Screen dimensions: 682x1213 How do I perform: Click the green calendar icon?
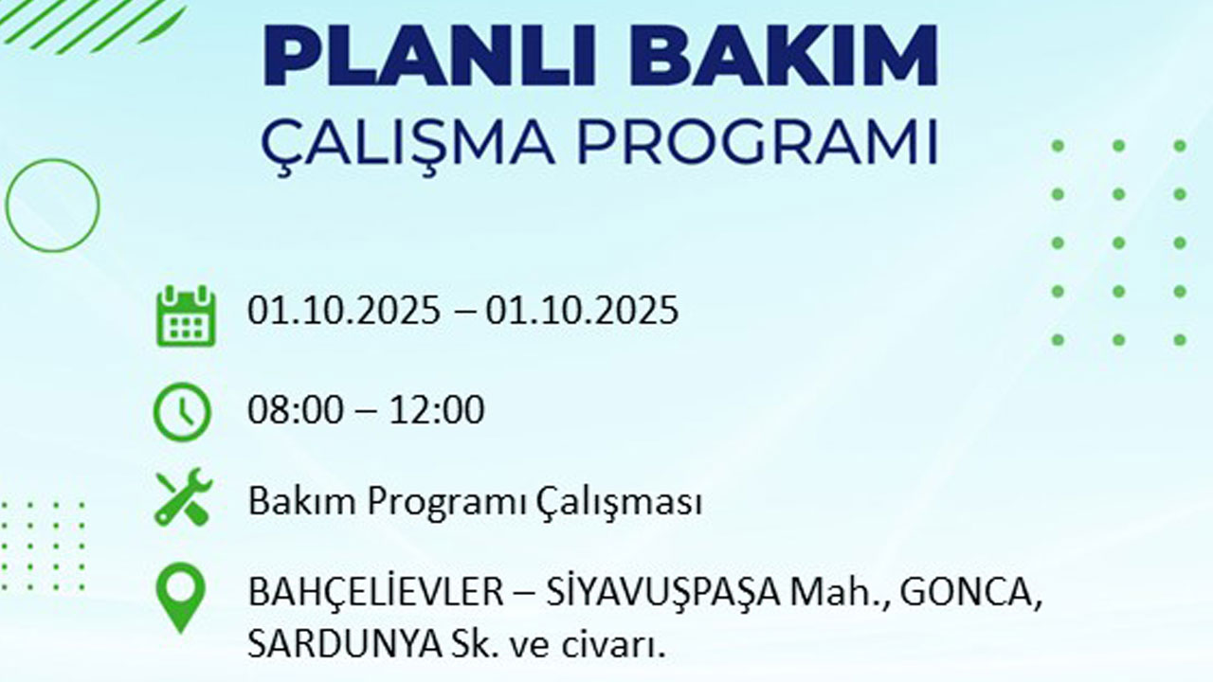pos(186,316)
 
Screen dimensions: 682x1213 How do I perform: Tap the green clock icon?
pos(182,412)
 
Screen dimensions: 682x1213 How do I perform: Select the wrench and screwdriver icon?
pos(183,497)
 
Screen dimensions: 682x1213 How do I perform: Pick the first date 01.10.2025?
pos(344,310)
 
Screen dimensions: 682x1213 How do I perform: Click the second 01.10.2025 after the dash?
pos(583,310)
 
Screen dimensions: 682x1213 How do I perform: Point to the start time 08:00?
pos(295,411)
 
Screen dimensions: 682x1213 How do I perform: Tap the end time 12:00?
pos(436,411)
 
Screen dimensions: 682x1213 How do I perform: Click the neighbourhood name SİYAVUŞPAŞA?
pos(663,594)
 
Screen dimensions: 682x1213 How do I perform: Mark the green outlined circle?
pos(52,205)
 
